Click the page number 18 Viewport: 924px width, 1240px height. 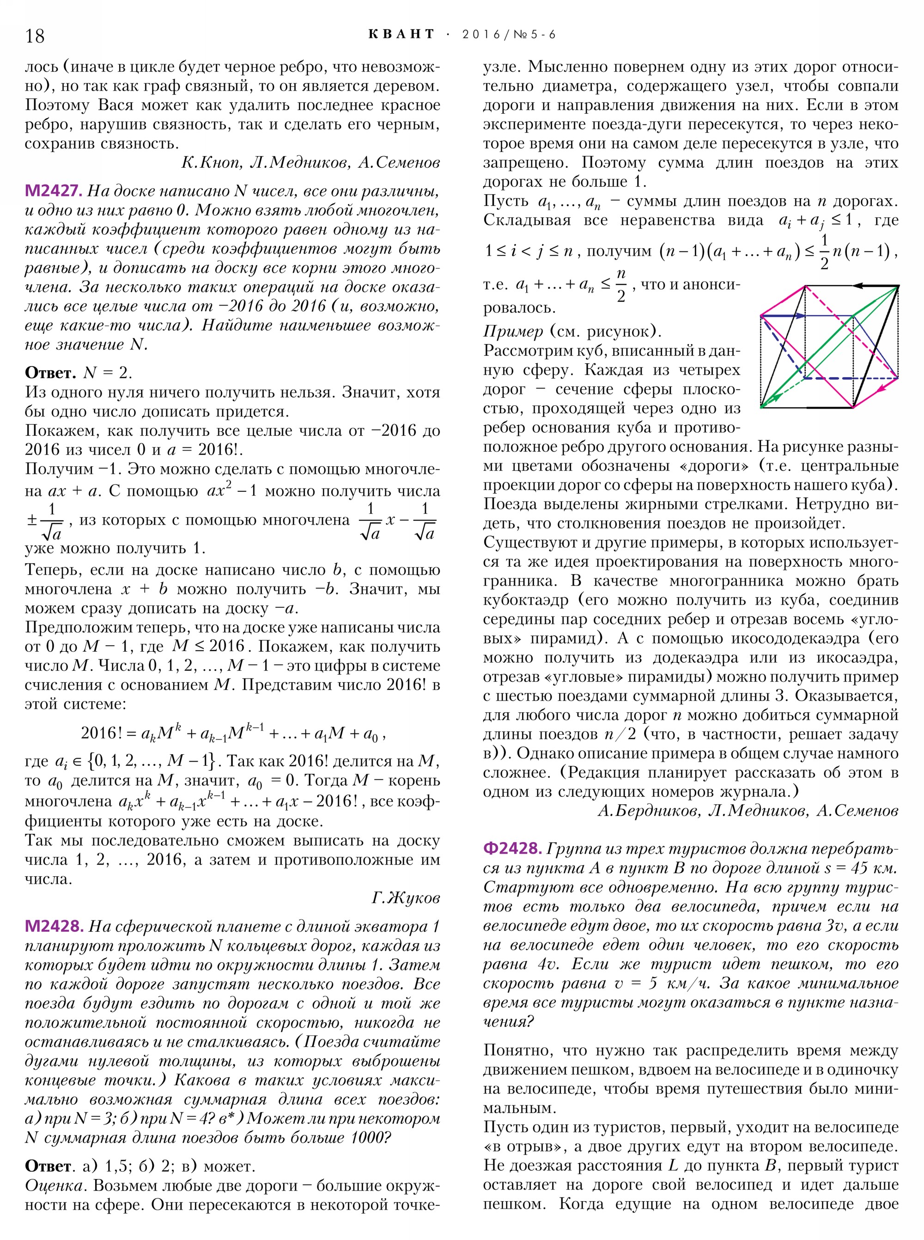(x=35, y=36)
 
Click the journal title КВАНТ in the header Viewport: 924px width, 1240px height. (x=401, y=34)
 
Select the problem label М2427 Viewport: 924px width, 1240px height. (x=54, y=191)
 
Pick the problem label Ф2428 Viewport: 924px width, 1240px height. (x=512, y=848)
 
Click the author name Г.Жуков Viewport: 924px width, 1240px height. (x=406, y=898)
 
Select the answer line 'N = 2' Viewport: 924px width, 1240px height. (x=108, y=373)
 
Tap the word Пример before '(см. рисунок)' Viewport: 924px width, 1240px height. (x=513, y=331)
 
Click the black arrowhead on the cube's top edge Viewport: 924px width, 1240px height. (x=860, y=286)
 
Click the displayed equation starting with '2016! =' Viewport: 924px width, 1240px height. (x=233, y=733)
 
